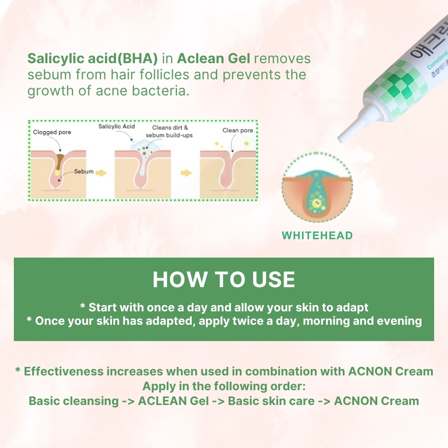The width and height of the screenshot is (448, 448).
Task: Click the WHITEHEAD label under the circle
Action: tap(317, 235)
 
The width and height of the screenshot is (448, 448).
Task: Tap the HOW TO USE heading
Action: tap(224, 280)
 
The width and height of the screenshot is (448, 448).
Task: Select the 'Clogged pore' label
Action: tap(52, 132)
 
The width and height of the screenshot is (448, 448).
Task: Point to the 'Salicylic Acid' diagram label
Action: tap(116, 127)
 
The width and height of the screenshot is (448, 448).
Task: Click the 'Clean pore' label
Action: tap(238, 130)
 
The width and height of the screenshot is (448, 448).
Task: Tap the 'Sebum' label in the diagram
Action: tap(84, 172)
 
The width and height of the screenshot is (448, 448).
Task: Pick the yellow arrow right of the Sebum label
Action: tap(101, 172)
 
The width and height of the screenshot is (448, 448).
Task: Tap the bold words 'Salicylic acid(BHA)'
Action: tap(93, 59)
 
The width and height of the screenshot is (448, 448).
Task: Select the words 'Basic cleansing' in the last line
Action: tap(73, 401)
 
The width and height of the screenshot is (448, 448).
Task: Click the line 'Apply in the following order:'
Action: tap(224, 386)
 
